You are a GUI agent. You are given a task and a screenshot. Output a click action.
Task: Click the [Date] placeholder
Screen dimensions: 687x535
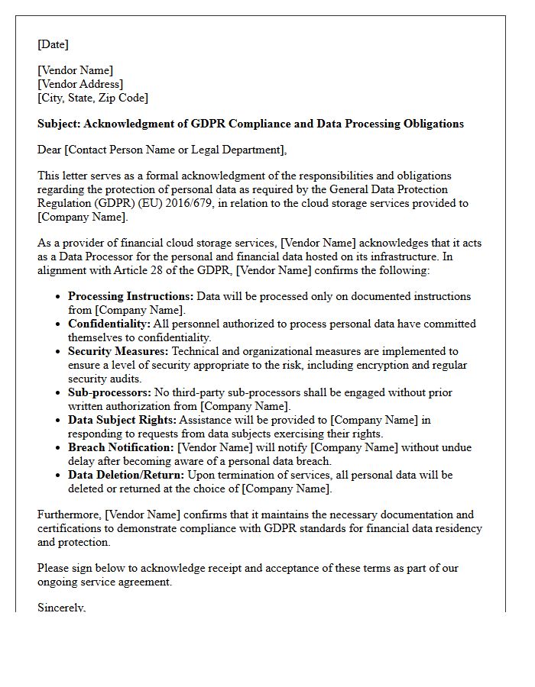click(x=53, y=45)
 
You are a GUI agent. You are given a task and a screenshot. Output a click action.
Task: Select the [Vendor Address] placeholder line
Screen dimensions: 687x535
click(x=80, y=85)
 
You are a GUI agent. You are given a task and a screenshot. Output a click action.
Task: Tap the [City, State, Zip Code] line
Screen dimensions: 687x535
click(x=92, y=98)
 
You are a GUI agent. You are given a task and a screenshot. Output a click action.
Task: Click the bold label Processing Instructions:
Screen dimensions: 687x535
click(x=131, y=296)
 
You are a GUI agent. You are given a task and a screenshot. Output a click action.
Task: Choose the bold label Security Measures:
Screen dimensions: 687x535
click(x=118, y=351)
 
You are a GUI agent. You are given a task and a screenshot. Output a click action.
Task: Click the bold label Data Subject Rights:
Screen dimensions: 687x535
click(x=122, y=420)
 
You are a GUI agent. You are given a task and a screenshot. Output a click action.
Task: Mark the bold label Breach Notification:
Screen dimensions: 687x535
click(x=121, y=447)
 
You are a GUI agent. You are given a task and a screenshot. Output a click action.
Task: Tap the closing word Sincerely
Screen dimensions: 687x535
click(x=61, y=608)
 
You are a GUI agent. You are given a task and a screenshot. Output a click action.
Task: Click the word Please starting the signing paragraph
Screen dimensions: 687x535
click(x=54, y=569)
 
